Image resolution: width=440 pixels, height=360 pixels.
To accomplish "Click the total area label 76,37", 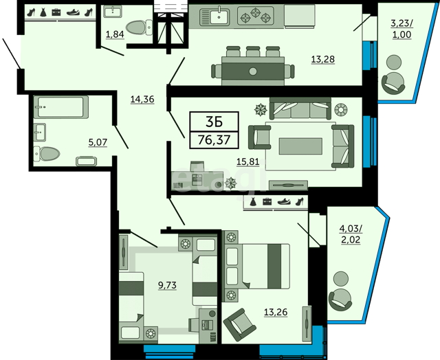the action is point(214,139).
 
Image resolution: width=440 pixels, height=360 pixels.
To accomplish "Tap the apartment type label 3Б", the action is point(214,122).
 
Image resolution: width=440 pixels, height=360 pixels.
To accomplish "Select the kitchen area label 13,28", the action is point(323,60).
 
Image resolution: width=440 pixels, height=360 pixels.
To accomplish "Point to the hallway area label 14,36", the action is point(142,99).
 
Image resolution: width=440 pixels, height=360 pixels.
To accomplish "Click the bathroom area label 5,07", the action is point(98,142).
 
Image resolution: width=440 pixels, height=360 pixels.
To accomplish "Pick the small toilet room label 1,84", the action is point(115,34).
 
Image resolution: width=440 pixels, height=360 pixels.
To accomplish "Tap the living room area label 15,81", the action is point(247,161).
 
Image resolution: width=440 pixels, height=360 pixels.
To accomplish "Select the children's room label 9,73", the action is point(167,285).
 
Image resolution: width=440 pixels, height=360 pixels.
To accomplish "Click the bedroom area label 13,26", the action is point(276,312).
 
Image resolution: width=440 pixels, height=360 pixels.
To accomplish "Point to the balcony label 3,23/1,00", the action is point(401,29).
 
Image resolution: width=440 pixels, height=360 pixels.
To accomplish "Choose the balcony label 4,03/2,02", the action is point(351,234).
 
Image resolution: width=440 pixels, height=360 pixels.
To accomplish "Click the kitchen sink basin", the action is point(219,17).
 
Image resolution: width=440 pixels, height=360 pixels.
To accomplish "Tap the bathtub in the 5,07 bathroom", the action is point(61,106).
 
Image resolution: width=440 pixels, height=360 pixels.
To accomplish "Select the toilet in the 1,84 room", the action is point(139,27).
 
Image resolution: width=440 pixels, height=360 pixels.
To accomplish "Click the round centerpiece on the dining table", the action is point(253,71).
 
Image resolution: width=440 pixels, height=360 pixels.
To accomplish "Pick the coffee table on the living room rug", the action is point(300,146).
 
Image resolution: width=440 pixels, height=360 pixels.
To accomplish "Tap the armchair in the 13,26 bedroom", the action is point(240,325).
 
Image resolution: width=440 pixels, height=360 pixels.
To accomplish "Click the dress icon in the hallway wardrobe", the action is point(43,12).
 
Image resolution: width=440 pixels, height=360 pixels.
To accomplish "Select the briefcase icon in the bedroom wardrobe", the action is point(267,201).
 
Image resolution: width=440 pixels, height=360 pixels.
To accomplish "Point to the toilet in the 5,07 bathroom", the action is point(47,154).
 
